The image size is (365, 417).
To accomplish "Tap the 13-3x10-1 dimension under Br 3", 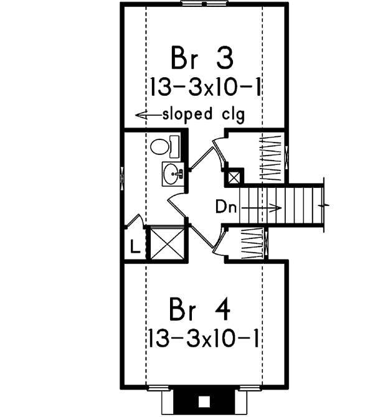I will [x=204, y=88].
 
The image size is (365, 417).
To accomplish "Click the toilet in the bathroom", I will [x=162, y=147].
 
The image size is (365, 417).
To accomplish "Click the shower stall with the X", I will [x=168, y=243].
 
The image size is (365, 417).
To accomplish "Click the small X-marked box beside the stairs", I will [x=234, y=177].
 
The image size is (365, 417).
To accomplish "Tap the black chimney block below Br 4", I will [x=204, y=400].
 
